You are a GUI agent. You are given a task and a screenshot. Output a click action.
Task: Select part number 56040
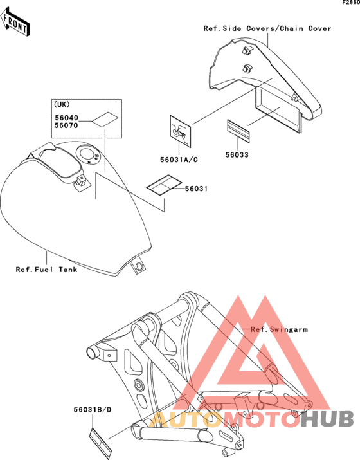67,118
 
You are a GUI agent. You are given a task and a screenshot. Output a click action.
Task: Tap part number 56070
67,125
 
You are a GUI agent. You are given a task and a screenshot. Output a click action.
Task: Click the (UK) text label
62,104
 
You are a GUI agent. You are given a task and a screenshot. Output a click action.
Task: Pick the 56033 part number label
237,154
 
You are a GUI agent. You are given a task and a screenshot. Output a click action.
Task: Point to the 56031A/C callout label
179,160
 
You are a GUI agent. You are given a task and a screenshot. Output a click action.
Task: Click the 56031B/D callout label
93,410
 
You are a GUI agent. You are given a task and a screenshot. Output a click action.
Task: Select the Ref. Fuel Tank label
46,270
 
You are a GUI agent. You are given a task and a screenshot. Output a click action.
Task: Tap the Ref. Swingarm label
280,329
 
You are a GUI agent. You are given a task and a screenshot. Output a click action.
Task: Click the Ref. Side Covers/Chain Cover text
267,28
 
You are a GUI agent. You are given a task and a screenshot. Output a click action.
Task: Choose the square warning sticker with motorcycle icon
180,131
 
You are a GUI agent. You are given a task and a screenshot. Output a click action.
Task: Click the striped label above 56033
239,131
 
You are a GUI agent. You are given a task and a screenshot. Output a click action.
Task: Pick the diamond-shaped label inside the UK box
105,120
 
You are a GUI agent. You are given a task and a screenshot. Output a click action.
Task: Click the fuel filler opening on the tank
87,154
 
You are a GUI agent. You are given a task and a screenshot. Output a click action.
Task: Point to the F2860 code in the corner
351,3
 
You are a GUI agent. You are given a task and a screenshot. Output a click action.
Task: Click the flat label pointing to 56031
165,184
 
